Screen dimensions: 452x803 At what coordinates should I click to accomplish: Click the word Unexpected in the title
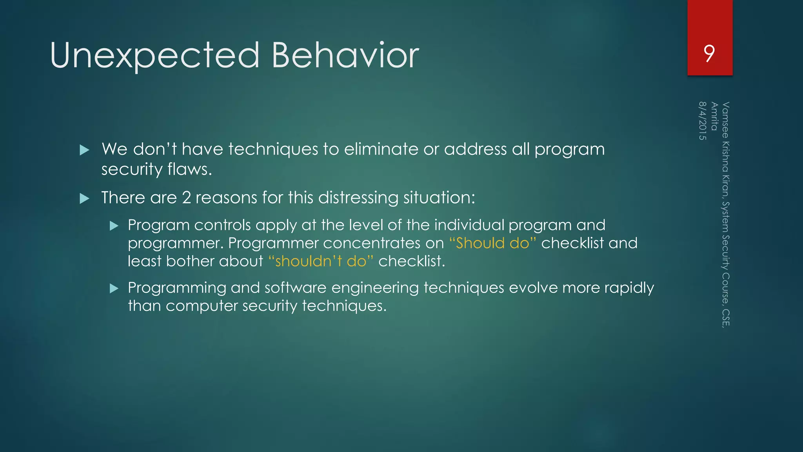154,56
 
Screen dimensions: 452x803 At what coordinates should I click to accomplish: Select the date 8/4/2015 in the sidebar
702,121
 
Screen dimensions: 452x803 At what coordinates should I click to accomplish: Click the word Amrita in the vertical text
714,116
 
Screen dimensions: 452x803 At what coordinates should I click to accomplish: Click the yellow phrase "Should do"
492,243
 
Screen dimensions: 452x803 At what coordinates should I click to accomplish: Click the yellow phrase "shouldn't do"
321,261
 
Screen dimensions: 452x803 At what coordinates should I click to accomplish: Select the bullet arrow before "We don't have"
84,150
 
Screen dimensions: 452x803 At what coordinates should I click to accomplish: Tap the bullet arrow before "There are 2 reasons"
84,199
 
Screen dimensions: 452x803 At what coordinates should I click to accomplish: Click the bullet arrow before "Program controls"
114,226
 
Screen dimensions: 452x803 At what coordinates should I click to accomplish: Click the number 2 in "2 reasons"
186,198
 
